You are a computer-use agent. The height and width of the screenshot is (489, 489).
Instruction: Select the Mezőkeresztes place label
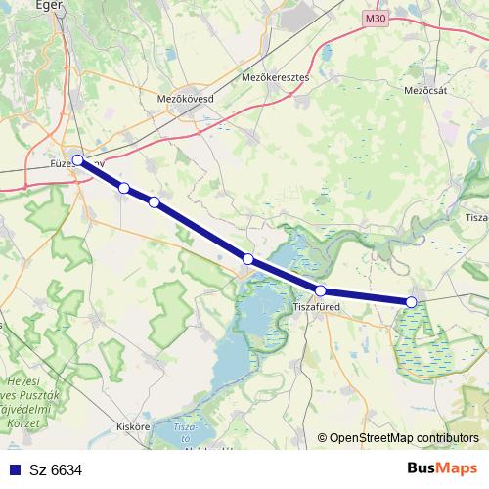click(274, 76)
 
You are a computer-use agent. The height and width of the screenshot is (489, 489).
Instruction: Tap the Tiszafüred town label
click(317, 307)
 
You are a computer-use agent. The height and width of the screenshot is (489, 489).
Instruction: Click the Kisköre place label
click(132, 426)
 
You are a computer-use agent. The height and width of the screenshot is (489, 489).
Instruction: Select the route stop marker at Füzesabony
click(78, 160)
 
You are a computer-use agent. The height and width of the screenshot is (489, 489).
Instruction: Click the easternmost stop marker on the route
click(412, 302)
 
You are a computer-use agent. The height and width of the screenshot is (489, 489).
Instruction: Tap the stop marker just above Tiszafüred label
click(320, 290)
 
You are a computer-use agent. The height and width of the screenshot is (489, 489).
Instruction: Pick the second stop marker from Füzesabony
click(124, 188)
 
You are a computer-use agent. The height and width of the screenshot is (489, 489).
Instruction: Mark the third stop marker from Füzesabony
click(154, 202)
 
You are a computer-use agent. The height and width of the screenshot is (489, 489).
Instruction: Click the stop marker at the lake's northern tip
click(248, 259)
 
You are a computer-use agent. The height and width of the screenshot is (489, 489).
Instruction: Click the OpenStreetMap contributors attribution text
click(404, 438)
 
